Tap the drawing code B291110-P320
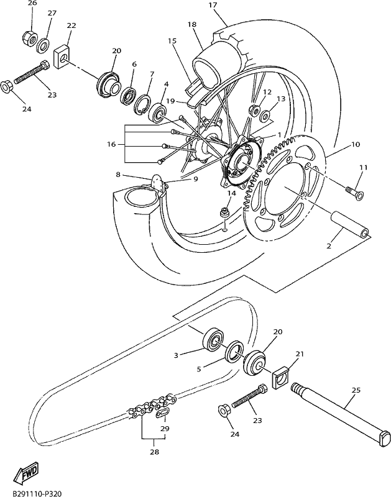click(37, 493)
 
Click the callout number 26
click(32, 3)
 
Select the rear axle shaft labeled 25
click(339, 416)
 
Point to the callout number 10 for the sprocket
click(356, 144)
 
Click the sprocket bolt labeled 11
click(354, 193)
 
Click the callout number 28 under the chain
click(154, 452)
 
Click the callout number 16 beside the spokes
click(112, 145)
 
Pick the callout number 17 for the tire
click(213, 5)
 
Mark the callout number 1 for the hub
click(279, 135)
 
